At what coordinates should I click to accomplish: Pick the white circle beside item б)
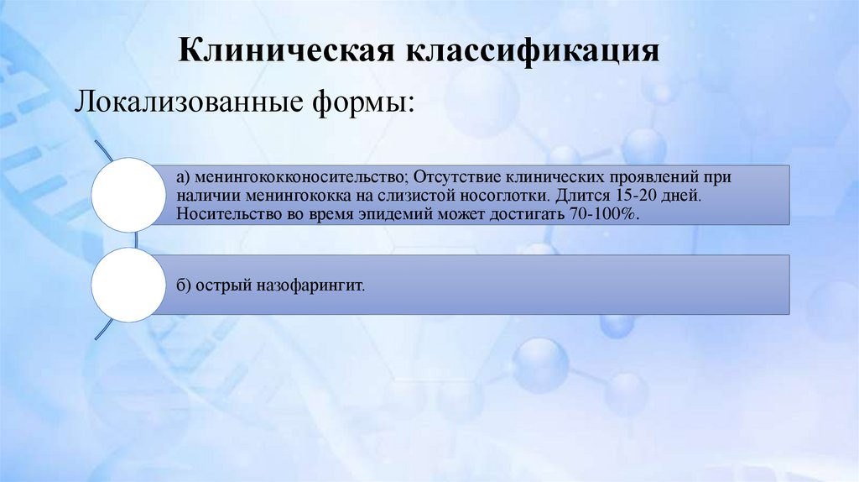127,286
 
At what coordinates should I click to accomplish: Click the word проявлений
663,178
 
